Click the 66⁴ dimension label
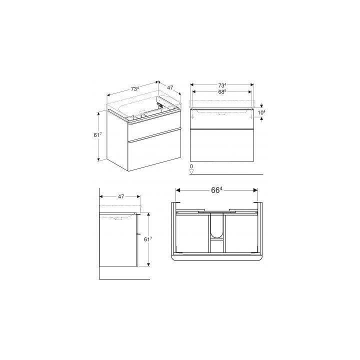click(216, 190)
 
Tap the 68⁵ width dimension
click(222, 92)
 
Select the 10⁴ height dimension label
click(261, 112)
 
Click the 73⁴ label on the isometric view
click(135, 89)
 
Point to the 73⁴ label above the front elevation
click(222, 85)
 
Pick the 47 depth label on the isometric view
click(170, 87)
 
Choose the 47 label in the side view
click(121, 196)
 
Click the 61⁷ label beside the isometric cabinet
click(97, 135)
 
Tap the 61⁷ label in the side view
click(148, 239)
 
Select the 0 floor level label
click(191, 166)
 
